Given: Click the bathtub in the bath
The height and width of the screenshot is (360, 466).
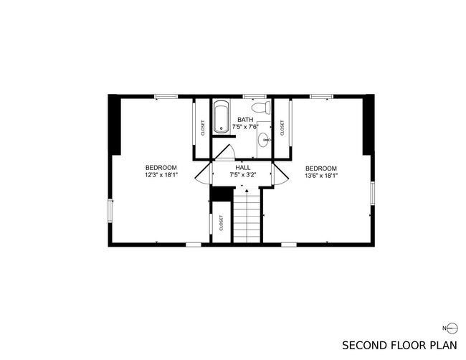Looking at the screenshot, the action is [x=221, y=117].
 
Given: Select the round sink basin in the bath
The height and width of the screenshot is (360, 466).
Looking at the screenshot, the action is [x=264, y=139].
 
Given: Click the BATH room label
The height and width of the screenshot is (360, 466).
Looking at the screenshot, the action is [x=245, y=120].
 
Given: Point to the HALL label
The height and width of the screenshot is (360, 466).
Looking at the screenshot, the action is [x=243, y=168].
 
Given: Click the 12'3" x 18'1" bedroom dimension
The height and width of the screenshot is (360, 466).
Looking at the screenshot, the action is [x=161, y=175].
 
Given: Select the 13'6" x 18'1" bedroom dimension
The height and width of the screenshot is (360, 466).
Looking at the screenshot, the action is [x=321, y=176].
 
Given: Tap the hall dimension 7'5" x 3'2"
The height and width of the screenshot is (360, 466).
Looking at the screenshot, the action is [x=243, y=175].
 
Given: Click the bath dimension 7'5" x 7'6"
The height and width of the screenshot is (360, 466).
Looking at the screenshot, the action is [x=245, y=127].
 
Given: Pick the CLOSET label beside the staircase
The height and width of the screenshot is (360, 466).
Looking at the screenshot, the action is [x=221, y=223].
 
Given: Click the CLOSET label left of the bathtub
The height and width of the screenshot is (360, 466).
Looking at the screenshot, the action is [x=203, y=128].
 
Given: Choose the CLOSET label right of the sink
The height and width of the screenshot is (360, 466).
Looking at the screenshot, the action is [x=282, y=128].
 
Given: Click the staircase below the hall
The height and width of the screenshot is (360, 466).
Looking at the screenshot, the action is [x=247, y=216].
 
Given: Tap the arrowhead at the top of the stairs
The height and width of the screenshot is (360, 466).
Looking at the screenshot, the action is [x=247, y=190].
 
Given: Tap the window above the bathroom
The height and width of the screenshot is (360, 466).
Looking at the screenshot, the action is [x=255, y=96].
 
